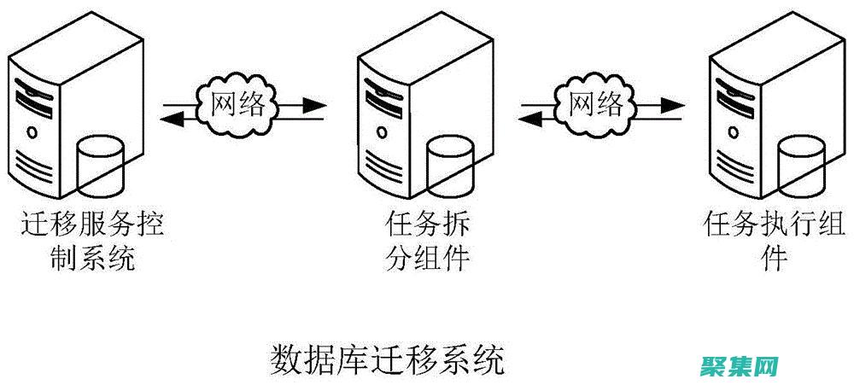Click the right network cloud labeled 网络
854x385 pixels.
point(597,105)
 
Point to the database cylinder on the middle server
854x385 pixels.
point(450,165)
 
